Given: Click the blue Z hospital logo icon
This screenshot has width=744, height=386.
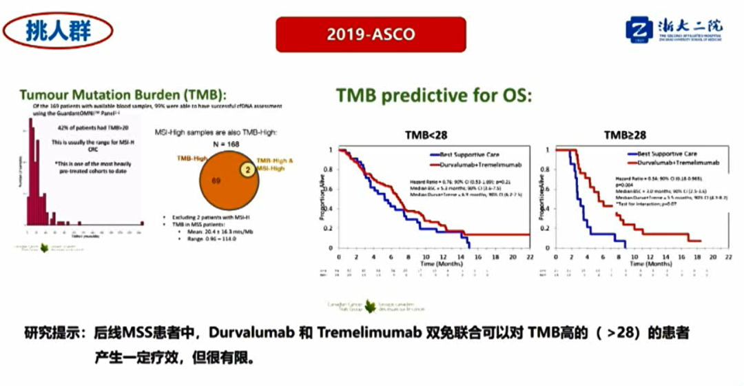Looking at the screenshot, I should pos(638,30).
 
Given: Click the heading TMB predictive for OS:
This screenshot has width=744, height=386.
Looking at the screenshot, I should pos(433,96).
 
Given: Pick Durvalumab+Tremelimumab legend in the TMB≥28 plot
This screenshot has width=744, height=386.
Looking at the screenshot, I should pos(668,163).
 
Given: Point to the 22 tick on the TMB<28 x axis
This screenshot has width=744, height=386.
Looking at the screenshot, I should pos(529,256).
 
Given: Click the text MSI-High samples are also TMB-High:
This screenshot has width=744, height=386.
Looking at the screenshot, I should pos(211,132).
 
